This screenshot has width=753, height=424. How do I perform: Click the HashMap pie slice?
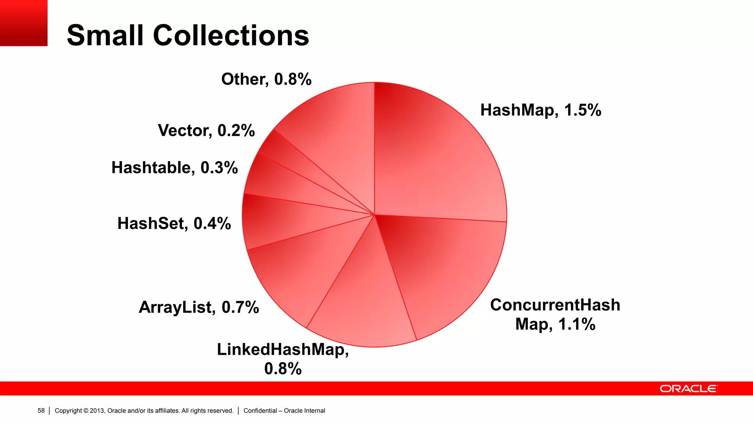(438, 155)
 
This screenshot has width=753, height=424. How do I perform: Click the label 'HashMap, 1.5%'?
(540, 110)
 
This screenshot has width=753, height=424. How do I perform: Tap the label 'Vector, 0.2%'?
(206, 130)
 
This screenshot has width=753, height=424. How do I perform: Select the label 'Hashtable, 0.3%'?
(175, 167)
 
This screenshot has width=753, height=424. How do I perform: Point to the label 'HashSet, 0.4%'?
(174, 223)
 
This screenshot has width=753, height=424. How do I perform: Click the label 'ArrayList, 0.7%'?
(199, 307)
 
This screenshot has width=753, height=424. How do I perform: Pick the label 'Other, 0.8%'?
(266, 79)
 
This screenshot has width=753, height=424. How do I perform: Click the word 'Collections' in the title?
(231, 35)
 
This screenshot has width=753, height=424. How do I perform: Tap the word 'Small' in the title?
(105, 35)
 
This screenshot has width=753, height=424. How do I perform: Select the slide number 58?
(41, 411)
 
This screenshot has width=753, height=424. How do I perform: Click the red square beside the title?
(24, 23)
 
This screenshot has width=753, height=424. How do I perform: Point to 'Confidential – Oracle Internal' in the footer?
(284, 411)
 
